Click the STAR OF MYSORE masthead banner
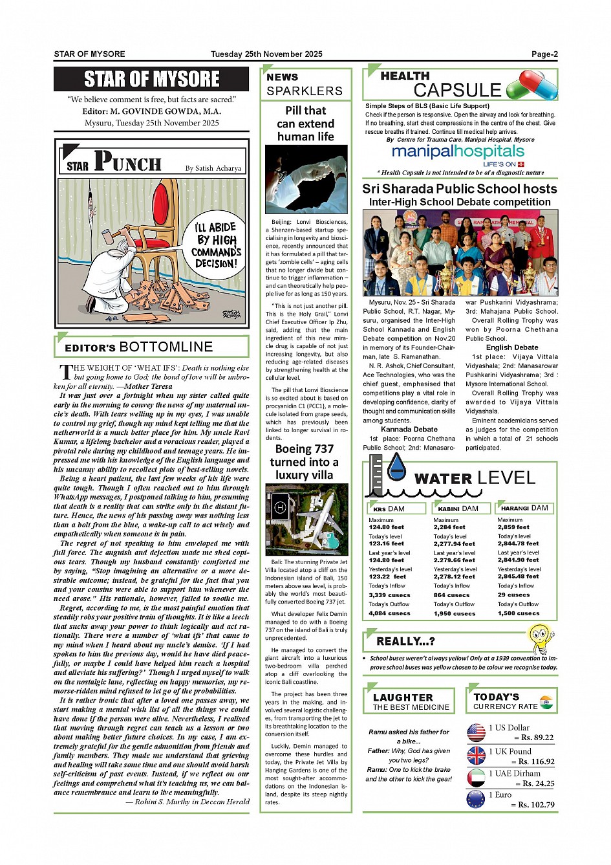(x=151, y=80)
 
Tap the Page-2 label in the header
(x=544, y=54)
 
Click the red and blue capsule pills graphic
(x=532, y=85)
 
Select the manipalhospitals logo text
(x=458, y=151)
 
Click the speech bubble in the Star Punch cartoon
(x=217, y=245)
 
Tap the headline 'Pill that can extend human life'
(x=306, y=124)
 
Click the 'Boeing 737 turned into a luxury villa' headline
(x=305, y=462)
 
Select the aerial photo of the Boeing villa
(x=306, y=520)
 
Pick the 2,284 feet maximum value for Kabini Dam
(x=449, y=527)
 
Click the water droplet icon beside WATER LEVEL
(x=396, y=467)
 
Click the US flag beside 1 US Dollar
(x=476, y=733)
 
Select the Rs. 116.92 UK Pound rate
(x=533, y=761)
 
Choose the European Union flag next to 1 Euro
(x=476, y=799)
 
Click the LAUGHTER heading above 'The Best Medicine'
(x=403, y=697)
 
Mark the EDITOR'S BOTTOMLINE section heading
(x=138, y=347)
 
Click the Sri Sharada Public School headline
(x=459, y=189)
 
